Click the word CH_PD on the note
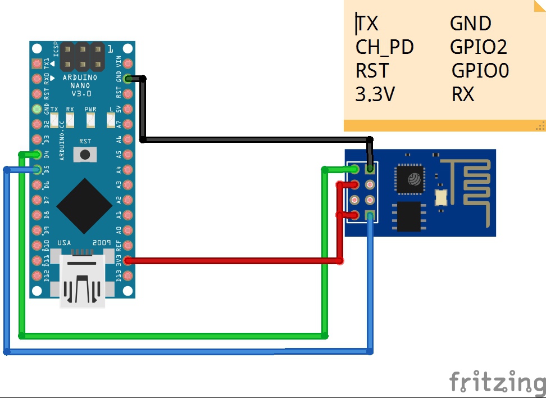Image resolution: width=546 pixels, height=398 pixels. click(x=385, y=47)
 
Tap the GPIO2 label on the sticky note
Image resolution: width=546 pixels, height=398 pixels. click(x=479, y=47)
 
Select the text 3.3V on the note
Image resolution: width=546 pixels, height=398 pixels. click(x=375, y=94)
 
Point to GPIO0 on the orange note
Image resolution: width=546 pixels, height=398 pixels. click(x=480, y=71)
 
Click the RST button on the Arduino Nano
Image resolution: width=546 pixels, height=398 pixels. click(x=85, y=153)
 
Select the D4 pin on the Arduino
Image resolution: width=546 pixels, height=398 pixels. click(x=37, y=154)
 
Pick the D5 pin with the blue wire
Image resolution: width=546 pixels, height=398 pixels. click(x=37, y=169)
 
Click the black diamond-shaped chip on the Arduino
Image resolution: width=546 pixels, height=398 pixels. click(x=84, y=205)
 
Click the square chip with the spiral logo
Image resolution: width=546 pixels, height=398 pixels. click(x=413, y=178)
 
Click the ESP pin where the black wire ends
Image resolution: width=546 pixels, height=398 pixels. click(x=370, y=168)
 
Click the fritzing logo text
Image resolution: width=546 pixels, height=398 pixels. click(x=497, y=382)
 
